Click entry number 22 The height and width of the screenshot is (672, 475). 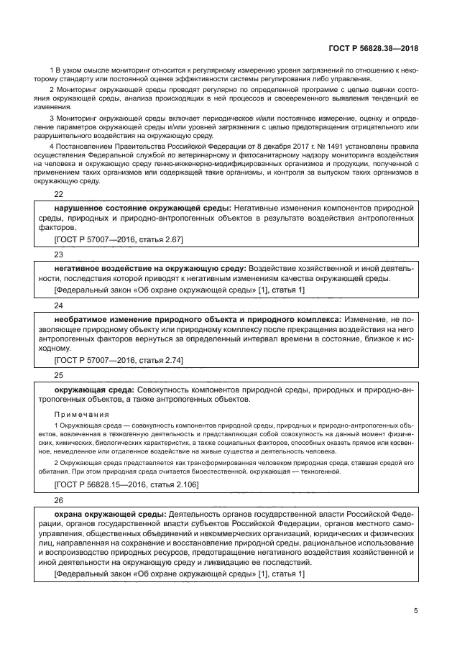59,194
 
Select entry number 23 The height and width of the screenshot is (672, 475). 59,254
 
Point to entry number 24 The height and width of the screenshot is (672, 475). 59,304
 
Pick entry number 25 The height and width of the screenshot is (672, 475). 59,374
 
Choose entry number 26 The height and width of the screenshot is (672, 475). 59,500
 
